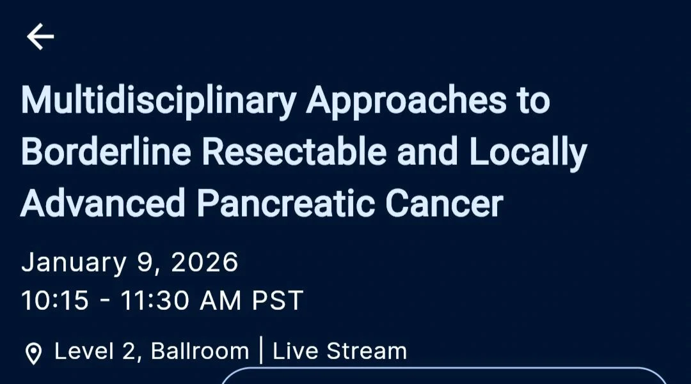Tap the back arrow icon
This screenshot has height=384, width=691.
click(x=40, y=36)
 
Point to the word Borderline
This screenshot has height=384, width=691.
click(x=106, y=151)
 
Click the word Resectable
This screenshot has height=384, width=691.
click(x=294, y=151)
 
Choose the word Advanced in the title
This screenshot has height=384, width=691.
click(x=102, y=203)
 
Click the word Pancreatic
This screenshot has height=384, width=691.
click(x=285, y=203)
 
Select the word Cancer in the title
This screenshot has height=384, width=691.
click(x=444, y=203)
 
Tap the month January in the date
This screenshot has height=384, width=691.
click(x=74, y=263)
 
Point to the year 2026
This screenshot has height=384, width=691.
click(x=205, y=262)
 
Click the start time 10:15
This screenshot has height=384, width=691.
click(x=55, y=300)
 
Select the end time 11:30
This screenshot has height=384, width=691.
click(x=155, y=300)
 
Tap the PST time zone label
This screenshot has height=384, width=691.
click(x=277, y=300)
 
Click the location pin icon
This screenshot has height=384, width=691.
click(x=33, y=353)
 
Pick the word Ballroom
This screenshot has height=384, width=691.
click(x=200, y=351)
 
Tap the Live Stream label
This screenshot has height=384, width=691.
click(x=340, y=351)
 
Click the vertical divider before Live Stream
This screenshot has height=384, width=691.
click(x=261, y=350)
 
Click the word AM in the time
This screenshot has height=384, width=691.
click(x=221, y=300)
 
